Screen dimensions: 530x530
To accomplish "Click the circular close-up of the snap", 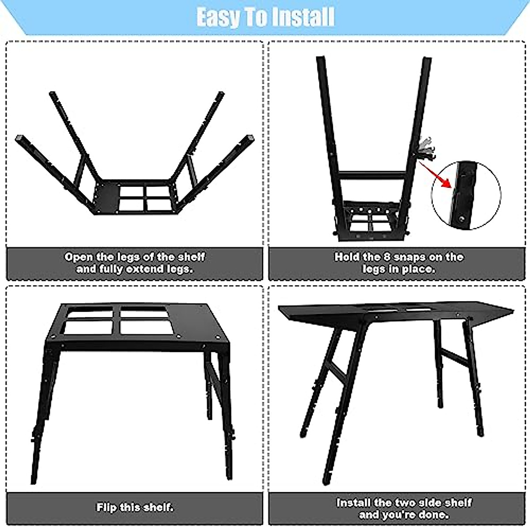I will (466, 195).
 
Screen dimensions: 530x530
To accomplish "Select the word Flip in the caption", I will (107, 507).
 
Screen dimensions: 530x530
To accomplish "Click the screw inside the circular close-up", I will (462, 217).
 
